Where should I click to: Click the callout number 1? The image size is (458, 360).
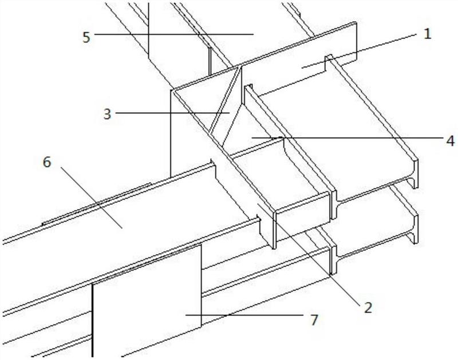426,34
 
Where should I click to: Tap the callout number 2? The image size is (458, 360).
367,307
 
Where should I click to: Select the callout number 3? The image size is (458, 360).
106,113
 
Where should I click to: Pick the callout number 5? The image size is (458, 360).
86,36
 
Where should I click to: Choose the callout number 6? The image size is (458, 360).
47,163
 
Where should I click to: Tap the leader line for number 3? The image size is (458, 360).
172,113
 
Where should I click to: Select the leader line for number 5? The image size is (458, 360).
172,34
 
